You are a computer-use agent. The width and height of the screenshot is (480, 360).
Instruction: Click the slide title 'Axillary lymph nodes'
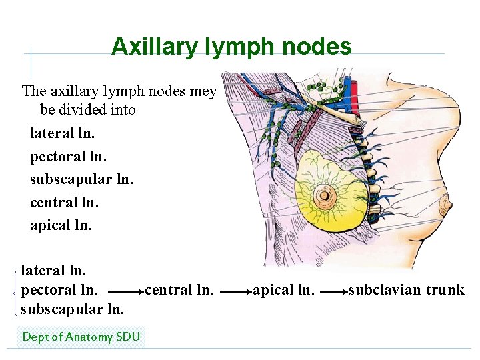231,47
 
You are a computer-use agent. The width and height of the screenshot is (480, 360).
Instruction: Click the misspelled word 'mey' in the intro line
203,91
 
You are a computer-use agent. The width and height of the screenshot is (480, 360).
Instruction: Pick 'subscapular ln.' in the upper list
81,179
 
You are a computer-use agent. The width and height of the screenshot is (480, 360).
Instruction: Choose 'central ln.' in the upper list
64,202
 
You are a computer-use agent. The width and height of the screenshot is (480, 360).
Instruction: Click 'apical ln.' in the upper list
61,225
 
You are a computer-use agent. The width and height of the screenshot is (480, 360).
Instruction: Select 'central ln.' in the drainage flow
179,290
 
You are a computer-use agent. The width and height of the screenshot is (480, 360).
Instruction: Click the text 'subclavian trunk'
407,290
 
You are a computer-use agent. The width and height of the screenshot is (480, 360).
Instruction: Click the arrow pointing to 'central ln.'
125,291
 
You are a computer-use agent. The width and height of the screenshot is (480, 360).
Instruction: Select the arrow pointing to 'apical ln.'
235,291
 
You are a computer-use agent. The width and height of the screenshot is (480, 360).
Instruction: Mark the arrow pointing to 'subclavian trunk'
333,291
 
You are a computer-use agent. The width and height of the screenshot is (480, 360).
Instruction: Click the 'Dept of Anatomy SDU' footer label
81,337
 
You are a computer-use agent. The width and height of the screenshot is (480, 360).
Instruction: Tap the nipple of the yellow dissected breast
326,195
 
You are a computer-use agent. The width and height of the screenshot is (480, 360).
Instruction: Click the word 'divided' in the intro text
89,110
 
